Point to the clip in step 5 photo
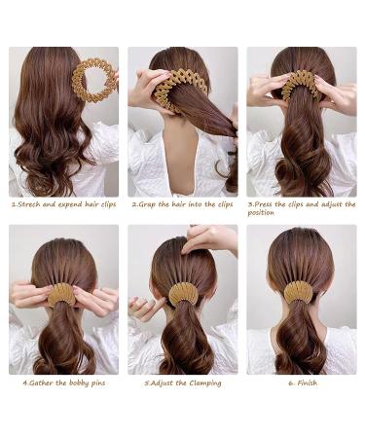182,293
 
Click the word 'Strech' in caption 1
28,204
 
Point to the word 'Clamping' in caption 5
202,383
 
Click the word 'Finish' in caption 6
307,383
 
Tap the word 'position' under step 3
262,213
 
